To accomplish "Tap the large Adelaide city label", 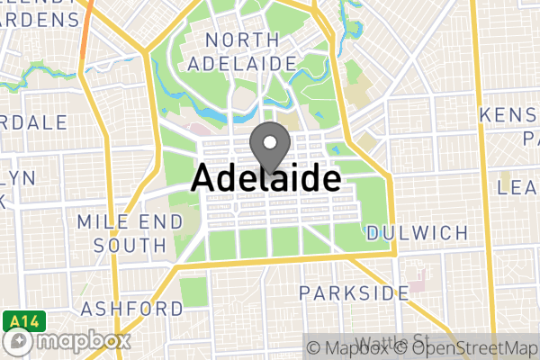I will [x=266, y=178].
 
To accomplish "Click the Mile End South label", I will [x=121, y=233].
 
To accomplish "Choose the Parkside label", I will [x=354, y=292].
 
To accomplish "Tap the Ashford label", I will [x=132, y=309].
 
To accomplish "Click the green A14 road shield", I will [x=17, y=319].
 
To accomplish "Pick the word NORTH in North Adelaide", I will [x=240, y=40].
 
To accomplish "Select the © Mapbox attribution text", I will [x=348, y=347].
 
